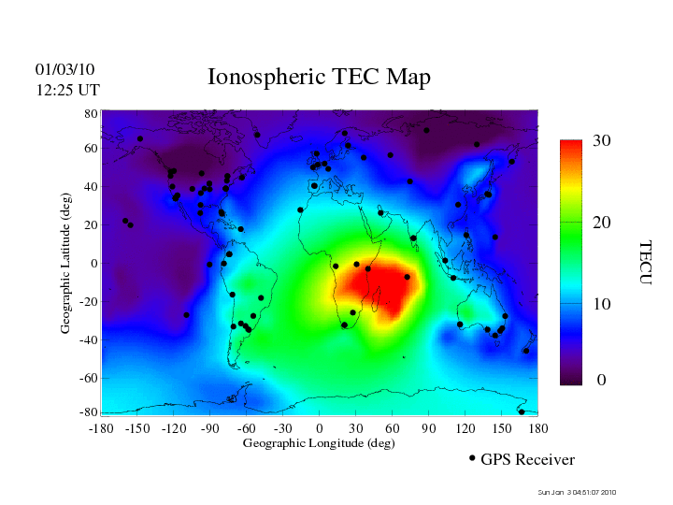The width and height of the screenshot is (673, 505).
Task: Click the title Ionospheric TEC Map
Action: click(319, 77)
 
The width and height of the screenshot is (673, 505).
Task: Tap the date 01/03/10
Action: click(64, 69)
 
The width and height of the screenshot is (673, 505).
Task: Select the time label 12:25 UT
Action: click(67, 89)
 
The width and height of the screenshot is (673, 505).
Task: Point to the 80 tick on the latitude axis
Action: click(92, 113)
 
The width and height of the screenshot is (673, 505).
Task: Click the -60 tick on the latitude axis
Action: click(88, 378)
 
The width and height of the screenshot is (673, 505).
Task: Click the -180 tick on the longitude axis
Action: click(101, 428)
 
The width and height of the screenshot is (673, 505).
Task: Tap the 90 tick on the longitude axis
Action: click(429, 428)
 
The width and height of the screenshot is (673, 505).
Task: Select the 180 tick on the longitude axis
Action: click(538, 428)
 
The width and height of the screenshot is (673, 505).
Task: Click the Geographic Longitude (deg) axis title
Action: click(319, 443)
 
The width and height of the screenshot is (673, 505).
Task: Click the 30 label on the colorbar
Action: click(602, 141)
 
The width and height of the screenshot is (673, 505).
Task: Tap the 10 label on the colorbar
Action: click(602, 305)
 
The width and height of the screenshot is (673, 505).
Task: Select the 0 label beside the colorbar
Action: click(602, 381)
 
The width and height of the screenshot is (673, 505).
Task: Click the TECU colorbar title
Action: click(645, 263)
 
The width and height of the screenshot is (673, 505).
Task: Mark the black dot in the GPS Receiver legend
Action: click(472, 458)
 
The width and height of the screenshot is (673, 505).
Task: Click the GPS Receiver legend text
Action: click(527, 460)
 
